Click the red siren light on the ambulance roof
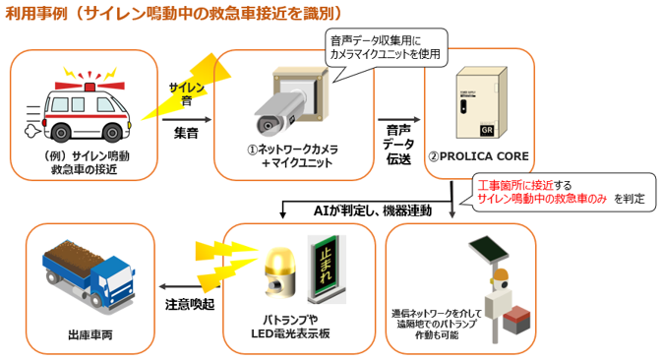tap(90, 87)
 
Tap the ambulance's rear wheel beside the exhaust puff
tap(61, 133)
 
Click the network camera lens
tap(267, 126)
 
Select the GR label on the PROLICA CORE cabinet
tap(487, 130)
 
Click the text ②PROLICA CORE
tap(478, 156)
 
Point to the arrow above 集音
tap(187, 120)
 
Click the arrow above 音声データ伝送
tap(399, 120)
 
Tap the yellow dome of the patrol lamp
tap(277, 259)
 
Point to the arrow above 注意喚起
tap(190, 287)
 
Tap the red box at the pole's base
tap(516, 321)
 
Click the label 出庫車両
tap(90, 335)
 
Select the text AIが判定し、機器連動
tap(373, 210)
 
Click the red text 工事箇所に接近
tap(515, 185)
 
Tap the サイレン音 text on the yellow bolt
tap(187, 93)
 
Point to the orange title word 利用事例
tap(36, 13)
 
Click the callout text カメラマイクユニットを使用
tap(385, 54)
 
